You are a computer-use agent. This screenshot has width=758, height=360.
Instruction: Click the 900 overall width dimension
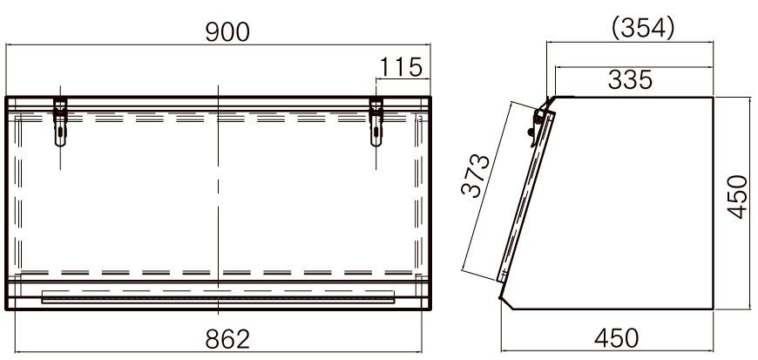(x=227, y=32)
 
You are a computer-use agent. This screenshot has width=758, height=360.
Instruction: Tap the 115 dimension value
(x=402, y=67)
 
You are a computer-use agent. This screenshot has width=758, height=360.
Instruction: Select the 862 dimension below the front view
(x=227, y=339)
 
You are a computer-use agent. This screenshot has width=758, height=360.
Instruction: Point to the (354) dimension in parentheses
(x=643, y=29)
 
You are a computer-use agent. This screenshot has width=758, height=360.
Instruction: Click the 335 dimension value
(x=631, y=79)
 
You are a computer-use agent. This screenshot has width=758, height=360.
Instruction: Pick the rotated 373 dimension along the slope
(x=475, y=176)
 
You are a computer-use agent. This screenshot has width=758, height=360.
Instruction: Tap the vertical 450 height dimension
(x=738, y=196)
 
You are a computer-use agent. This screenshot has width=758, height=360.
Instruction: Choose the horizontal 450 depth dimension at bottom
(x=616, y=338)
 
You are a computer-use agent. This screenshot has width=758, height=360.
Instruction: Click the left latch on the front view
(x=60, y=121)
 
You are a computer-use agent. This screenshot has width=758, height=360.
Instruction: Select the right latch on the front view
(x=376, y=121)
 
